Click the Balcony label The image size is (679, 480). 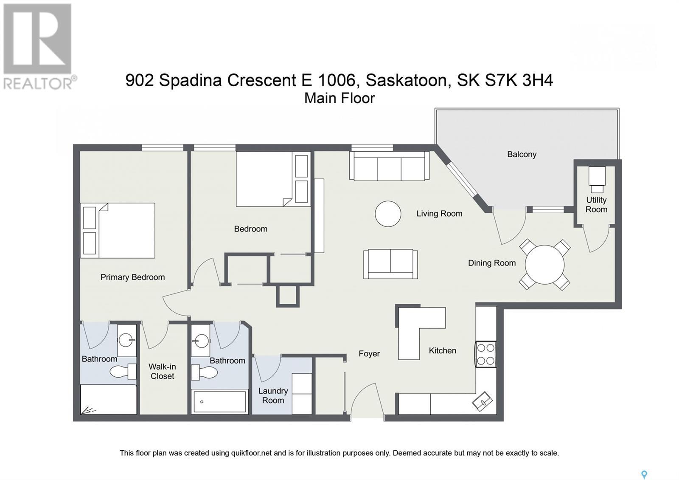pyautogui.click(x=522, y=155)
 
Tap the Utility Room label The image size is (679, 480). pyautogui.click(x=596, y=204)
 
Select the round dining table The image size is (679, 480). pyautogui.click(x=545, y=265)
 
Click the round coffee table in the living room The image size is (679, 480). pyautogui.click(x=388, y=214)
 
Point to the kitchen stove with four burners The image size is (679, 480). pyautogui.click(x=485, y=354)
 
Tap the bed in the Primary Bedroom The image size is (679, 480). pyautogui.click(x=118, y=231)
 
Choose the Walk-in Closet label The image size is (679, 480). pyautogui.click(x=162, y=371)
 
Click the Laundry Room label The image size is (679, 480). pyautogui.click(x=273, y=395)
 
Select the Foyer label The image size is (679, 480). pyautogui.click(x=369, y=354)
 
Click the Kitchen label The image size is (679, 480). pyautogui.click(x=442, y=351)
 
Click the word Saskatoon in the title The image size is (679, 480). pyautogui.click(x=406, y=80)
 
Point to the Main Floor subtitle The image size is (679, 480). pyautogui.click(x=339, y=98)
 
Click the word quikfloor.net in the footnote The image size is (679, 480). pyautogui.click(x=251, y=453)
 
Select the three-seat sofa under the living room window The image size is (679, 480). pyautogui.click(x=389, y=166)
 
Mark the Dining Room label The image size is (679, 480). pyautogui.click(x=492, y=263)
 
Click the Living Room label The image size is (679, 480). pyautogui.click(x=439, y=214)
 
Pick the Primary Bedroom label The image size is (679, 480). pyautogui.click(x=132, y=277)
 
